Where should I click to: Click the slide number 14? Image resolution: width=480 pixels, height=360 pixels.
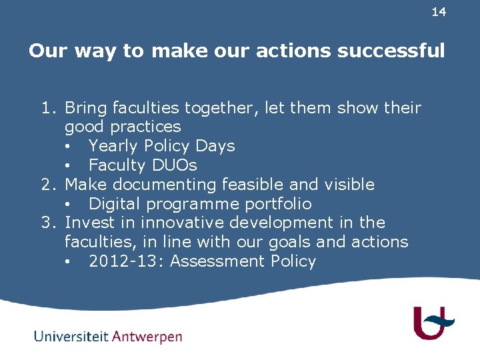[439, 12]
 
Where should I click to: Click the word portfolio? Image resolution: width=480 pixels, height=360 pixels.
[276, 203]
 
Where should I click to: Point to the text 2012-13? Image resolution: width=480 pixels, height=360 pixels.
[126, 261]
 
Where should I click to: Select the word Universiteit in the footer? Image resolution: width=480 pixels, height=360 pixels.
[71, 336]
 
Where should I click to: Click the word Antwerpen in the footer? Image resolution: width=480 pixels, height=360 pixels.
[147, 337]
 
